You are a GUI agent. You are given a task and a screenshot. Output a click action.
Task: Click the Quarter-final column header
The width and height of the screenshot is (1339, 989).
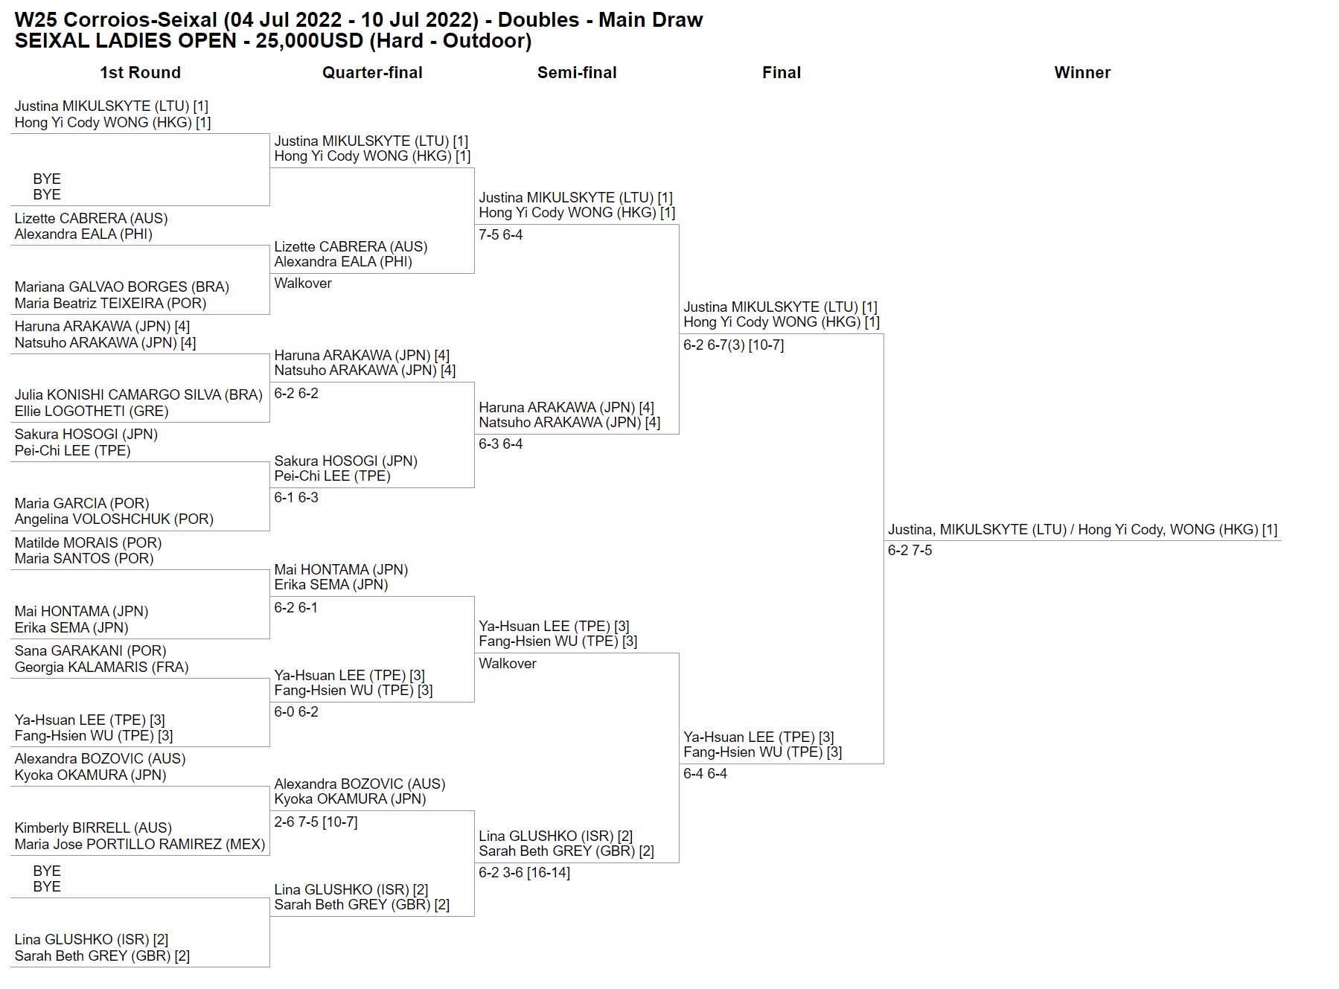coord(372,73)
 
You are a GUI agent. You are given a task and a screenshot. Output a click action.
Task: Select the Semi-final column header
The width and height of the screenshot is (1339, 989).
coord(577,73)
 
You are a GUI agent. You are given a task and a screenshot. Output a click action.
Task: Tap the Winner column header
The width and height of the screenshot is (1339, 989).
coord(1082,73)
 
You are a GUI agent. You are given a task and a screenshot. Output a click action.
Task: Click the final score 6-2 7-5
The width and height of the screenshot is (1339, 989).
coord(910,551)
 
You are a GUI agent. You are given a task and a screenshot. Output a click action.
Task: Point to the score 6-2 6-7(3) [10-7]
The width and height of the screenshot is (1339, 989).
coord(733,345)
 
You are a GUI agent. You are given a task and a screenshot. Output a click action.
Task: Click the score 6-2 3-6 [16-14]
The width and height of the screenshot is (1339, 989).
coord(524,873)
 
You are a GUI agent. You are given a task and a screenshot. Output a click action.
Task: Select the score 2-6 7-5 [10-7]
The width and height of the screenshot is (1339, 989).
coord(316,822)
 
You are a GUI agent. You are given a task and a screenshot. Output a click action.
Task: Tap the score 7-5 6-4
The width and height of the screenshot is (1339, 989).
coord(500,235)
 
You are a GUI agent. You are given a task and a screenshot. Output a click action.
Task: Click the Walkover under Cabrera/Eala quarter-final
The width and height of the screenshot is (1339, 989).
coord(303,284)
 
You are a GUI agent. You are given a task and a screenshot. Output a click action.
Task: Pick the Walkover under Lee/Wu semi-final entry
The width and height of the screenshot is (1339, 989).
coord(508,664)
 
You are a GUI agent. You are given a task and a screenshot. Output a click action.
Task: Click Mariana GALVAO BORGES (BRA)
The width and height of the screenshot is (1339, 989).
coord(121,287)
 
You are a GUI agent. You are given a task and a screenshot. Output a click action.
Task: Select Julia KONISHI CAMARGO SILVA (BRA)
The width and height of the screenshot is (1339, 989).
coord(138,395)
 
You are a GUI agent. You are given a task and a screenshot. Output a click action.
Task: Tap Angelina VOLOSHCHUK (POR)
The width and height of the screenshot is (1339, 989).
coord(114,519)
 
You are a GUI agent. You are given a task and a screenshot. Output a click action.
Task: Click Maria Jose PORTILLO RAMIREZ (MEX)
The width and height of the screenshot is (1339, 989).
coord(140,845)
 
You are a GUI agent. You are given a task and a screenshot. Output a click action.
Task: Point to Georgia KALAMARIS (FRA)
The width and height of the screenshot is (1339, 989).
coord(101,668)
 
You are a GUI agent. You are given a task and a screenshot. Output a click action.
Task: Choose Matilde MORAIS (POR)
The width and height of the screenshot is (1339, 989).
coord(88,543)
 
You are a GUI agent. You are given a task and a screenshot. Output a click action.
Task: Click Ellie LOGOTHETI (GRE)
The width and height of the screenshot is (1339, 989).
coord(92,412)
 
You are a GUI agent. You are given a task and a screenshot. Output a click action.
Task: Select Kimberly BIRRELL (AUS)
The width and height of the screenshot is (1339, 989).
coord(93,828)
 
